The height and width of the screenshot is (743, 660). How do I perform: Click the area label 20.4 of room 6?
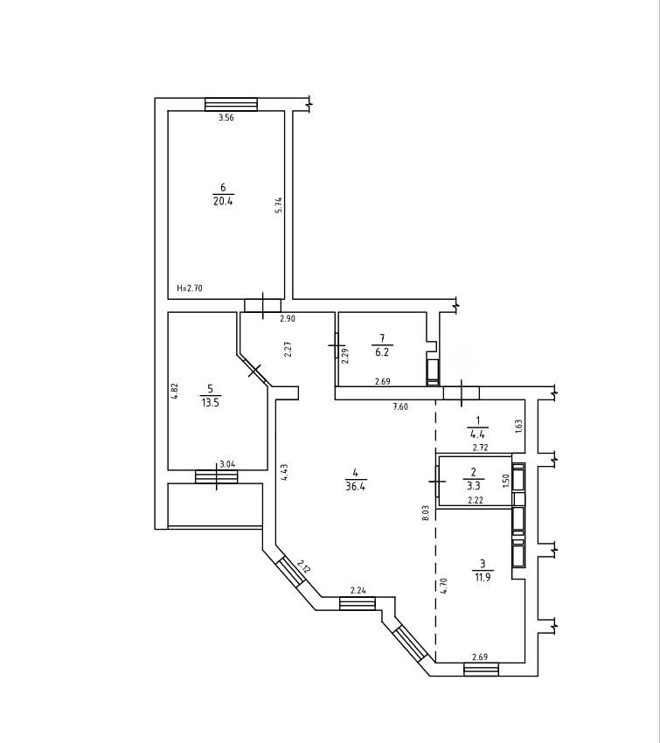pyautogui.click(x=224, y=201)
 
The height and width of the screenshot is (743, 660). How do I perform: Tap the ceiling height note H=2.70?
pyautogui.click(x=190, y=288)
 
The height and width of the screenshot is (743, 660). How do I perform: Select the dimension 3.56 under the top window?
pyautogui.click(x=226, y=118)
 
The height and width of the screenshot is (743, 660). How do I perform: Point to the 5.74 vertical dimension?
pyautogui.click(x=279, y=205)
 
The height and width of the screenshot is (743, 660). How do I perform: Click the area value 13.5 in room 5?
pyautogui.click(x=211, y=403)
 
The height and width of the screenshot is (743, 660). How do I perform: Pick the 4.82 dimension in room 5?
pyautogui.click(x=174, y=392)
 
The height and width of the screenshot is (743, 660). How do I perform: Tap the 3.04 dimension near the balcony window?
pyautogui.click(x=228, y=464)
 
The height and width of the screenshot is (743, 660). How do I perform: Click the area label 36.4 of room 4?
pyautogui.click(x=355, y=486)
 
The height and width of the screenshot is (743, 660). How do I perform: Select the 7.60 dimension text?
pyautogui.click(x=399, y=406)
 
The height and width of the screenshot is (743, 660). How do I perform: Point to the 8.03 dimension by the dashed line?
pyautogui.click(x=425, y=513)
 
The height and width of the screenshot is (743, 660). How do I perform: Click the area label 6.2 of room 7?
pyautogui.click(x=382, y=352)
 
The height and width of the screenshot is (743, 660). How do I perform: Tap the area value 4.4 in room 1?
pyautogui.click(x=477, y=433)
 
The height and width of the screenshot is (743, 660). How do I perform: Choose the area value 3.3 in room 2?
pyautogui.click(x=473, y=485)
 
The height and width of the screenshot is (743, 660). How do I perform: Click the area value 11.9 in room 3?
pyautogui.click(x=483, y=577)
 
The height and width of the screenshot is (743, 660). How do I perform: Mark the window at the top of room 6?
pyautogui.click(x=231, y=104)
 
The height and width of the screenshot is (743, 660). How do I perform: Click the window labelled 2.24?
pyautogui.click(x=358, y=603)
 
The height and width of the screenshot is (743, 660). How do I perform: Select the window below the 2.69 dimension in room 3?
pyautogui.click(x=482, y=670)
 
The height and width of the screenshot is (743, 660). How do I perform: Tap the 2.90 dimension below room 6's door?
pyautogui.click(x=287, y=319)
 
